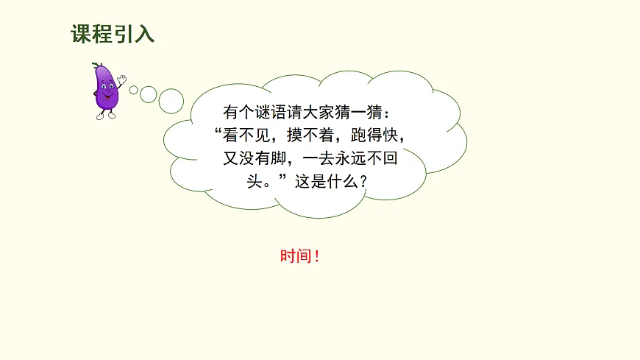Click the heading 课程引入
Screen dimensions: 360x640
pos(113,35)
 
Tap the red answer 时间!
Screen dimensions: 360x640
pos(300,257)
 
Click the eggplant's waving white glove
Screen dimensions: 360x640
pos(121,78)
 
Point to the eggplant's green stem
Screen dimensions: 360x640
pos(96,67)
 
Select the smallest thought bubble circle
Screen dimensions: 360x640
pos(134,90)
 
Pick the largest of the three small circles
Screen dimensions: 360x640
pos(171,101)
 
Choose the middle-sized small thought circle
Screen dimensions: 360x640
pos(149,94)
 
